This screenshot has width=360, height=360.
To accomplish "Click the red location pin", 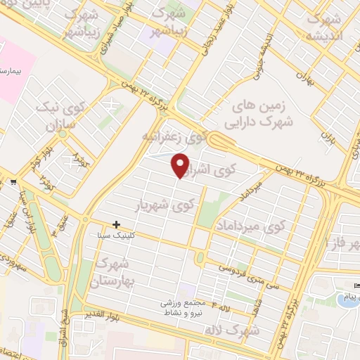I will (181, 165).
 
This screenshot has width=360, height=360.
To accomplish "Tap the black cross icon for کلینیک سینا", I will (116, 225).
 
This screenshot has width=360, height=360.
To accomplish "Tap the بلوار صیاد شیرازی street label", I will (120, 29).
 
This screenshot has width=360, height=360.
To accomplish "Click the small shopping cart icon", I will (13, 183).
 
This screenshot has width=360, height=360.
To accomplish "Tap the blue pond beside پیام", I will (346, 301).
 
